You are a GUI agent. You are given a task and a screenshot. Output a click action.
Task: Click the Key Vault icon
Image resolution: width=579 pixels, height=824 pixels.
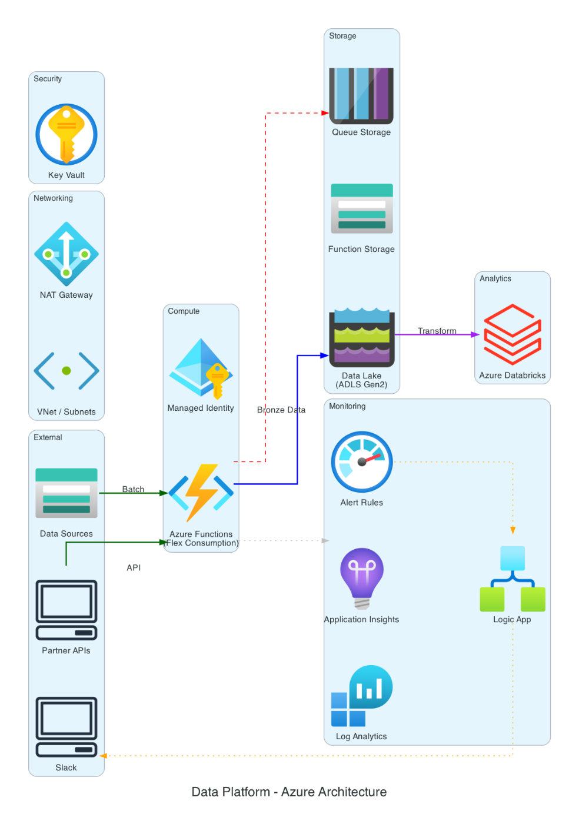pos(66,135)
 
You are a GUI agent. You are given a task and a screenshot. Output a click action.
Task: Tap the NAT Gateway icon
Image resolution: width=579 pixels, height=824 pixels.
pos(66,254)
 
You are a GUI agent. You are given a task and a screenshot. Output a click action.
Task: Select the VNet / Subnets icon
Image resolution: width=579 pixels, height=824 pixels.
pos(66,371)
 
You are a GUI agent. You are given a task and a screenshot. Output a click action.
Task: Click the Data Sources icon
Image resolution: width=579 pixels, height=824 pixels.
pos(66,493)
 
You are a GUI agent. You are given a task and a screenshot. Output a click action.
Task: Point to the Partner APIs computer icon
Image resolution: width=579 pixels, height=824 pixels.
pos(66,610)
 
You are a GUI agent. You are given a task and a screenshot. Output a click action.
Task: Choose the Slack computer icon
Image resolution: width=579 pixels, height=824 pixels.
pos(66,727)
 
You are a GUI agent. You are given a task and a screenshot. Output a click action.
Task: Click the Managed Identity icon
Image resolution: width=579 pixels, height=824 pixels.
pos(201,368)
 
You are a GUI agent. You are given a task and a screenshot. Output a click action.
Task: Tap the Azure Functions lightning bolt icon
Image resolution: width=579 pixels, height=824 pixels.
pos(201,493)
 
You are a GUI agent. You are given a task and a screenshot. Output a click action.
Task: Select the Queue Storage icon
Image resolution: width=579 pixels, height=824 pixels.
pos(361,95)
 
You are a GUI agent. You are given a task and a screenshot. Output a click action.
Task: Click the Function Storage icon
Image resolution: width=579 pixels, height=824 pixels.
pos(361,209)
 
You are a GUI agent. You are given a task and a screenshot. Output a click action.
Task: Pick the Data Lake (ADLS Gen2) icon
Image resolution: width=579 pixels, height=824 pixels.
pos(361,338)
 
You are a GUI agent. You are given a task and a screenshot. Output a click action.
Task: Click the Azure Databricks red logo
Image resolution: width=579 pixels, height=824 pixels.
pos(512,334)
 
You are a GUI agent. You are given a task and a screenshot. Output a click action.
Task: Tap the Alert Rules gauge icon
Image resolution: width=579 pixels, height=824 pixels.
pos(361,462)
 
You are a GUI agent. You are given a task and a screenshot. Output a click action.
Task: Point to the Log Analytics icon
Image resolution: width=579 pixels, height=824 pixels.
pos(361,696)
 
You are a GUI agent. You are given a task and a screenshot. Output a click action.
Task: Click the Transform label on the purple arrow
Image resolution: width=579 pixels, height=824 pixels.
pos(437,331)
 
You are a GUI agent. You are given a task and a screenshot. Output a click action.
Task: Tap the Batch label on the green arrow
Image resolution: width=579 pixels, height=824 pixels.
pos(133,489)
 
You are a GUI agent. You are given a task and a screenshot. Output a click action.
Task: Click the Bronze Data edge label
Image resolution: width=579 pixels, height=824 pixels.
pos(281,410)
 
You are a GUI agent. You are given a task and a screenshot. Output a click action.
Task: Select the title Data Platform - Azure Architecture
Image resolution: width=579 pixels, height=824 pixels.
pos(289,792)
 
